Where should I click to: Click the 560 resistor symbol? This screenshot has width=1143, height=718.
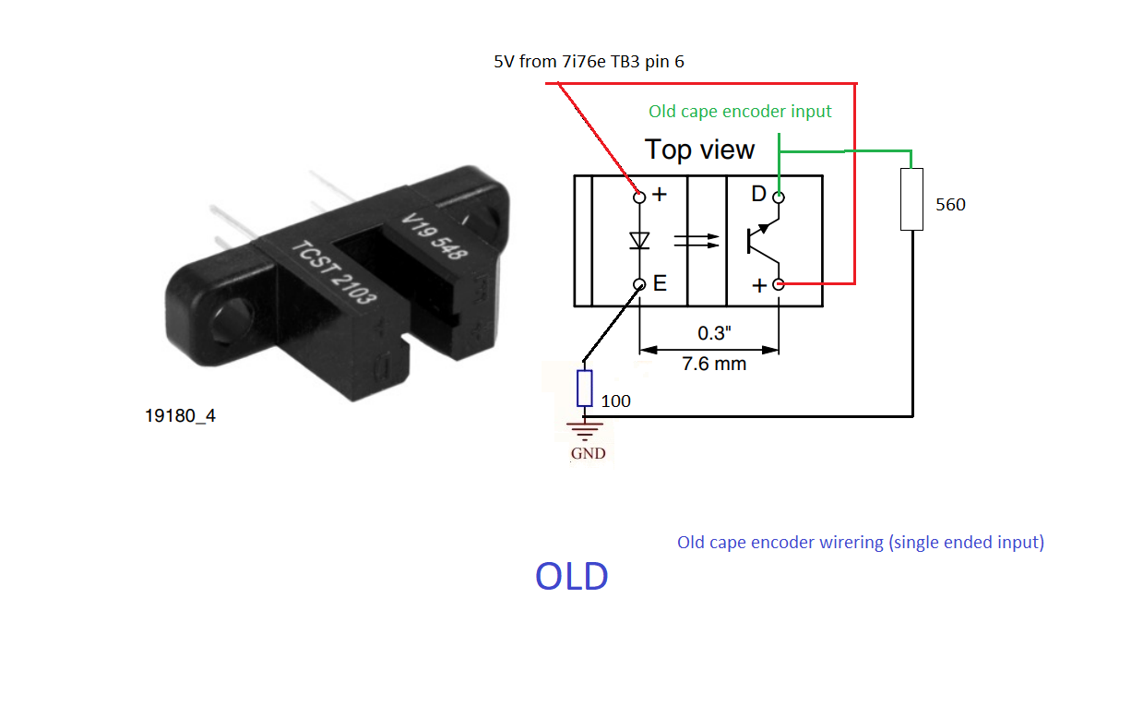(x=911, y=199)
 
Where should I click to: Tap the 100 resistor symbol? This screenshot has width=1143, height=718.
(x=584, y=389)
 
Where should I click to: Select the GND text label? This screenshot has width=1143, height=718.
(x=588, y=453)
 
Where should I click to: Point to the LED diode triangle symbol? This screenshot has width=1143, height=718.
(x=639, y=240)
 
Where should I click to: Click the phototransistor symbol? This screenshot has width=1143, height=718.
(x=763, y=241)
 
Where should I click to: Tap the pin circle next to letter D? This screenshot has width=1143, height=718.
(x=779, y=197)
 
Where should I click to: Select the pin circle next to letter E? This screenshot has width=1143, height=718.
(x=639, y=285)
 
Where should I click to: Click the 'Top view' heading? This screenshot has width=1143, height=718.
(x=699, y=150)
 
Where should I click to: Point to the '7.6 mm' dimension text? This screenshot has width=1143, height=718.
(x=714, y=364)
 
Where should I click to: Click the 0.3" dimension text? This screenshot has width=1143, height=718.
(x=714, y=333)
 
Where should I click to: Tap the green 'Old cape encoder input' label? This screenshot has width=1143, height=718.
(x=740, y=112)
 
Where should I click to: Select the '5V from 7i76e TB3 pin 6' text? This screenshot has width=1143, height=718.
(x=589, y=61)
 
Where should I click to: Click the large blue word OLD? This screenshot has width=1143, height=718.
(x=572, y=576)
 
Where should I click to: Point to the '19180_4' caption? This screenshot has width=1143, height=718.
(x=180, y=416)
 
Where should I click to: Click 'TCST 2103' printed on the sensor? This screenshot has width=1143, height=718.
(x=334, y=272)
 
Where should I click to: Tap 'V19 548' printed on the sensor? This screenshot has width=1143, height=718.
(x=435, y=235)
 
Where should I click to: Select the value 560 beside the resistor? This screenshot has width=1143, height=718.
(x=950, y=205)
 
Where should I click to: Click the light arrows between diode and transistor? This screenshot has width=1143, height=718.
(x=697, y=242)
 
